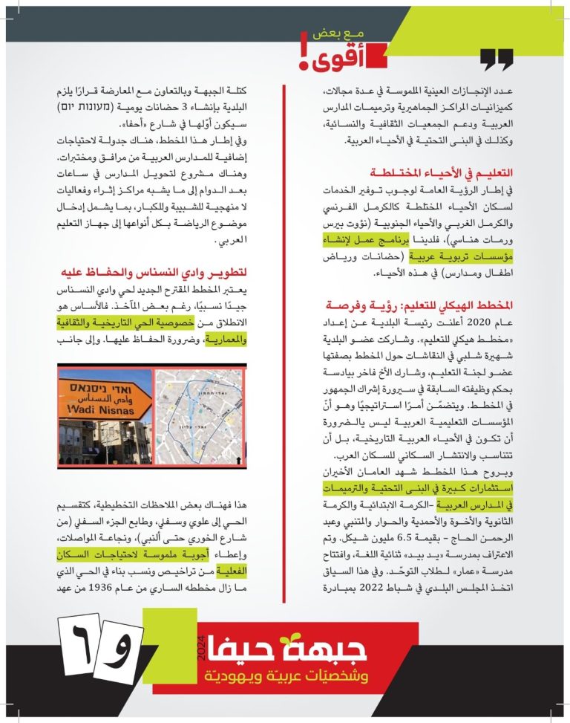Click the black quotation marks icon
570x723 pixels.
[496, 59]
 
